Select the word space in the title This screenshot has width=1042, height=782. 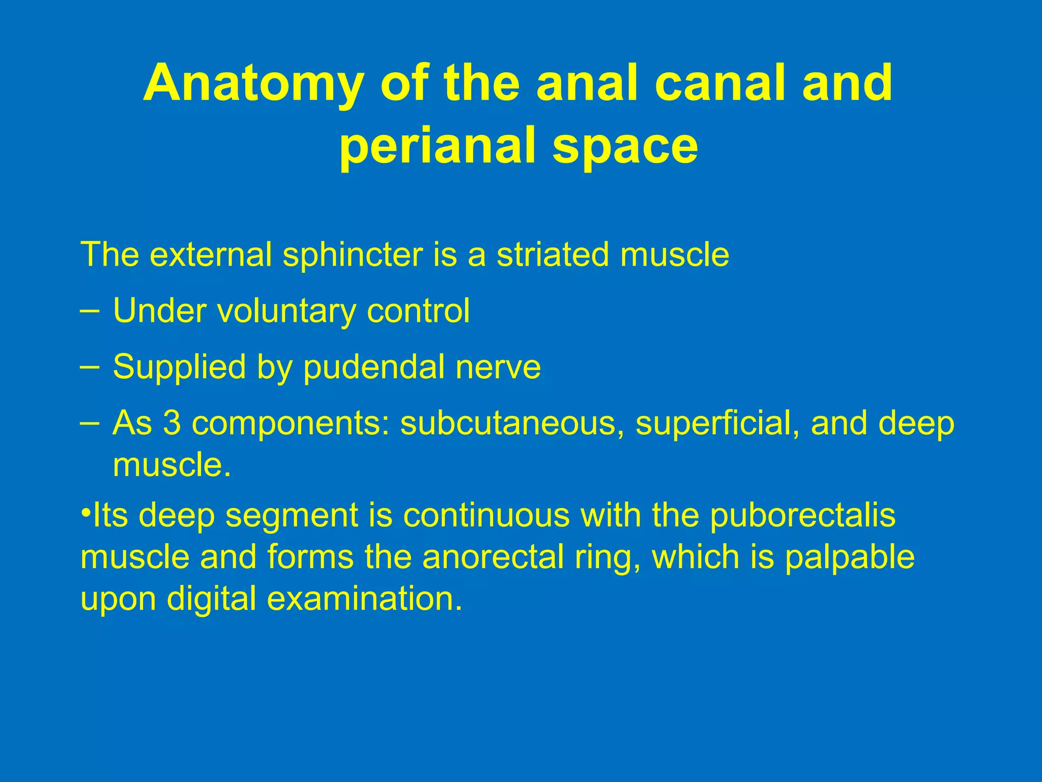click(x=625, y=148)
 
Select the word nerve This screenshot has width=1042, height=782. click(x=498, y=368)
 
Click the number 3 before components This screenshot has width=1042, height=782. click(x=171, y=423)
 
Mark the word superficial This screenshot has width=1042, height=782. click(x=716, y=423)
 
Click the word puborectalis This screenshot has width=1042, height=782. click(x=802, y=516)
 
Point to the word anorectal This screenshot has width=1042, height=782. click(x=493, y=557)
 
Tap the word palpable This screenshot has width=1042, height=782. click(x=849, y=558)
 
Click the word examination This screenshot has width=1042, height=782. click(x=365, y=599)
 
